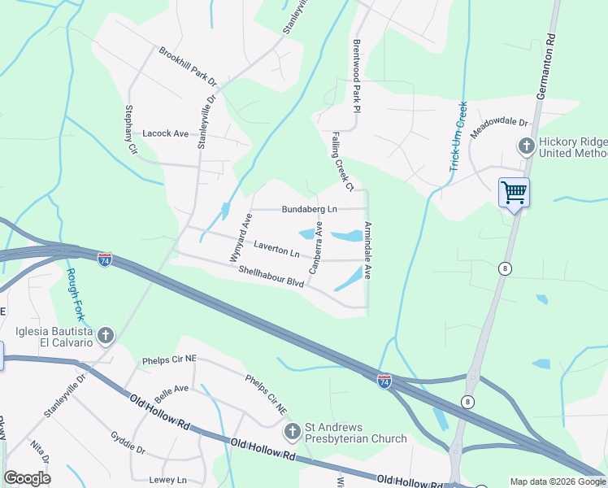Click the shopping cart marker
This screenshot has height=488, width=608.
point(514,194)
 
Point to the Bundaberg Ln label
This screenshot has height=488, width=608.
point(309,209)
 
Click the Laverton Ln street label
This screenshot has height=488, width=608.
point(277,245)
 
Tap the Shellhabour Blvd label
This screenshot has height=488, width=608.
point(271,277)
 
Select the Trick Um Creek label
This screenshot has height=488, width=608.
point(458,137)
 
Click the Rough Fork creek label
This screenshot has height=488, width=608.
point(76,294)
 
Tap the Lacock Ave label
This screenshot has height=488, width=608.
point(165,133)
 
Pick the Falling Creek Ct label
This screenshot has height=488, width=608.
point(341,162)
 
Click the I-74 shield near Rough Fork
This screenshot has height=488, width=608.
point(105,259)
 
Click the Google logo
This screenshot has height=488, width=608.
point(27,477)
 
